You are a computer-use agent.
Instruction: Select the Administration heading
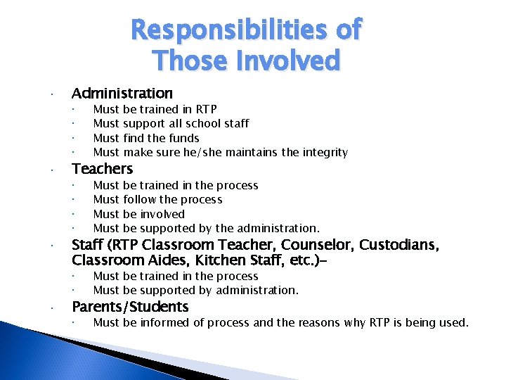122,93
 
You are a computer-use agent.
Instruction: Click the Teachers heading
103,168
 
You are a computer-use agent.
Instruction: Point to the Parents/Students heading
130,307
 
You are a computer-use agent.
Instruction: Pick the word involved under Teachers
162,214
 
